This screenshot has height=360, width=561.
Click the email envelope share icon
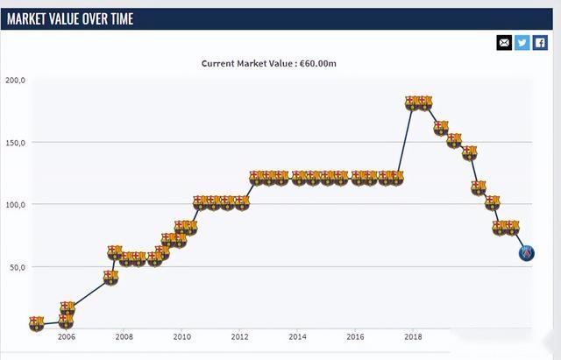click(504, 42)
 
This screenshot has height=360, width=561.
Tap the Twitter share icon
click(522, 42)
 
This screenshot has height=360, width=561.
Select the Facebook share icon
click(540, 42)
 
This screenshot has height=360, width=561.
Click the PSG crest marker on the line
click(526, 254)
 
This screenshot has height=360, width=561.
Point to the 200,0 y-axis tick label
click(16, 80)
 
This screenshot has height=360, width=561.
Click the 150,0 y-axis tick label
click(16, 142)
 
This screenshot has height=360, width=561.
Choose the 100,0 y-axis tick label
click(16, 204)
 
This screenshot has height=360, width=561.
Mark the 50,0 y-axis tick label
click(18, 266)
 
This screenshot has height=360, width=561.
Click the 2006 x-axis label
click(66, 336)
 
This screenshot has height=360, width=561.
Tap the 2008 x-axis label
click(124, 336)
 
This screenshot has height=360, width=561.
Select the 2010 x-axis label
click(181, 336)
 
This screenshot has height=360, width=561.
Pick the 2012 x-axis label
click(239, 336)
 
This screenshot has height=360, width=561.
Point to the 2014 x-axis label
click(297, 336)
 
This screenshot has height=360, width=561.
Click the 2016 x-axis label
click(355, 336)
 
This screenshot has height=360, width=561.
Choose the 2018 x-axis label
click(413, 336)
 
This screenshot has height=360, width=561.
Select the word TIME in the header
click(120, 18)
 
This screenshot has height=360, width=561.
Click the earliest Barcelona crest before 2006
click(36, 323)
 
